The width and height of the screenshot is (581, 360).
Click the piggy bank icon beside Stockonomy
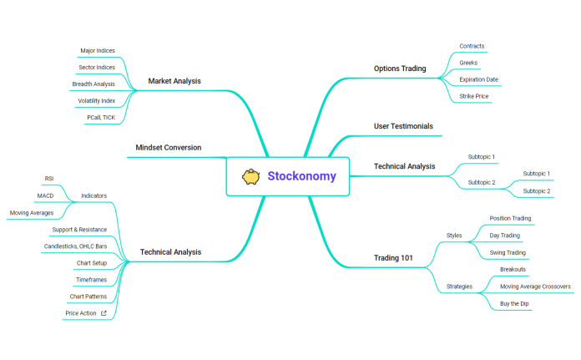click(250, 176)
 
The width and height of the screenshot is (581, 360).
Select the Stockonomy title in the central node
click(301, 176)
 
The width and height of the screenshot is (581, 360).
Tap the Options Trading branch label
click(399, 68)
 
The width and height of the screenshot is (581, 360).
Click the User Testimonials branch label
click(403, 126)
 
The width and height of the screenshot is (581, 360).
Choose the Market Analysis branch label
click(174, 81)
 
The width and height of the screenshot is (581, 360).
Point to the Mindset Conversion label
click(168, 148)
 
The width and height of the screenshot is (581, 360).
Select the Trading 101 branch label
click(393, 257)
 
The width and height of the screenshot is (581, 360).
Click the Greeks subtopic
click(468, 63)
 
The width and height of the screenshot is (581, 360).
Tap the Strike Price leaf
click(473, 97)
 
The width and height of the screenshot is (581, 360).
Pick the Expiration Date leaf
click(478, 79)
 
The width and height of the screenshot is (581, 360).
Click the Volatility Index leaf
click(96, 101)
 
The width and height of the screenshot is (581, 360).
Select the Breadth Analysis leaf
click(93, 84)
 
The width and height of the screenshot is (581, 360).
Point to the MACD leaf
click(45, 195)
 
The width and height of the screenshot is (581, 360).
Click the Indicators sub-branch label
click(93, 195)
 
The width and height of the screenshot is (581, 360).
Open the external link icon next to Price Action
click(104, 313)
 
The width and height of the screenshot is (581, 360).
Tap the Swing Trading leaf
click(508, 252)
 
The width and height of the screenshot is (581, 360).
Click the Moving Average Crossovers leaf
click(535, 286)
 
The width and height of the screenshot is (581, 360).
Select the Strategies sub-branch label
click(459, 286)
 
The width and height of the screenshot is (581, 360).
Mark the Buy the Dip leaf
click(514, 304)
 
